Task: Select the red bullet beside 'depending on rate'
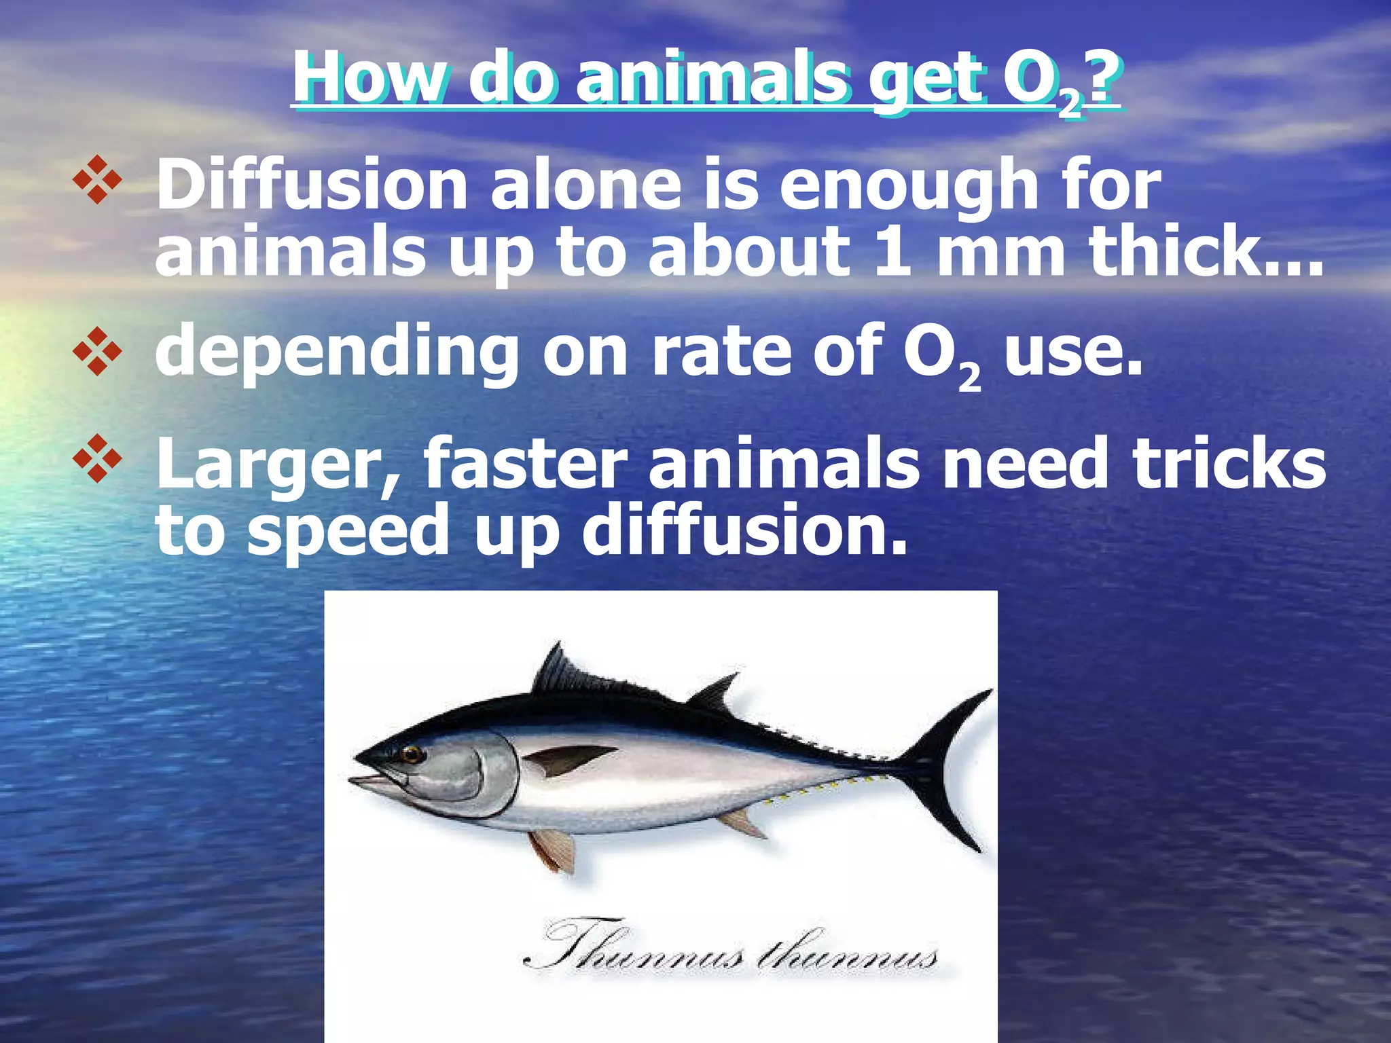click(97, 351)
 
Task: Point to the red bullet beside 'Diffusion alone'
click(97, 179)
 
